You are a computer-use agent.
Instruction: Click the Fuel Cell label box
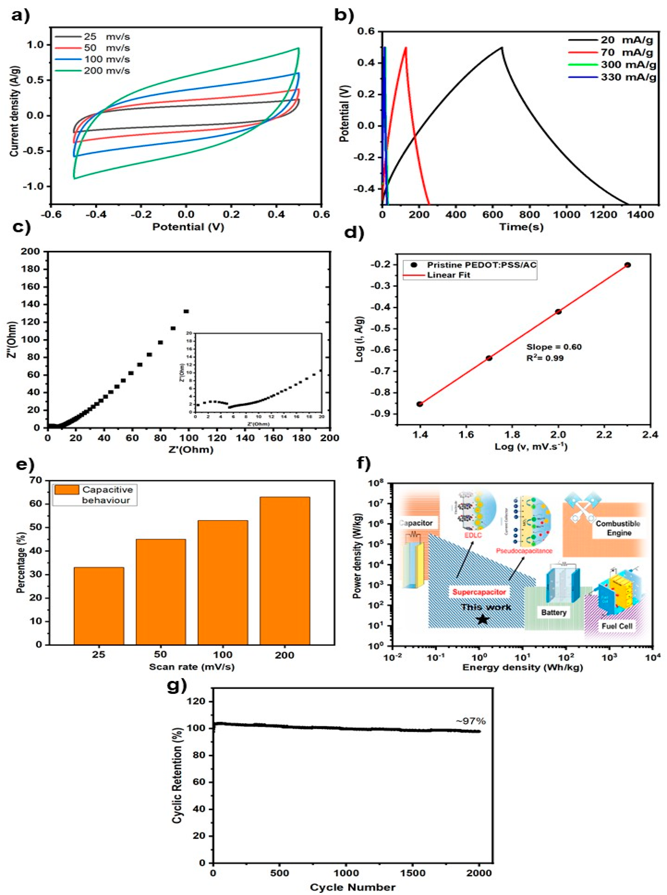coord(617,626)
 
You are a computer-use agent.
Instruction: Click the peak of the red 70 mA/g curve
coord(406,47)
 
